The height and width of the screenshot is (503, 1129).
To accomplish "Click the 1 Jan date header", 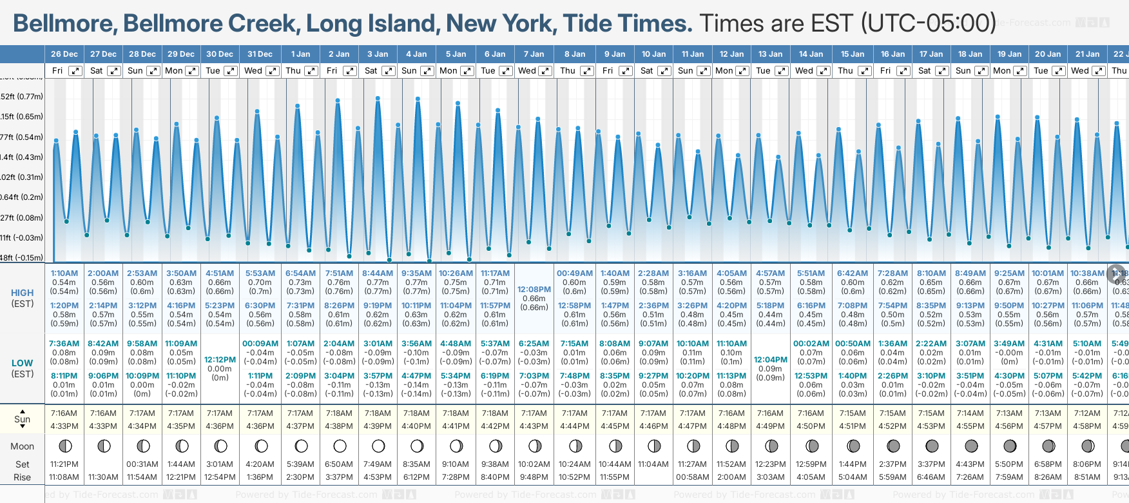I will pos(300,54).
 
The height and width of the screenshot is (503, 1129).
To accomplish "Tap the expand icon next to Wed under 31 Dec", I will pos(273,71).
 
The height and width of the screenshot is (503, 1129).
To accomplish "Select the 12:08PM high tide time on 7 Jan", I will pos(534,290).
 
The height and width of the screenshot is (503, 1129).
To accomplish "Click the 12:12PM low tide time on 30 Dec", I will pos(220,360).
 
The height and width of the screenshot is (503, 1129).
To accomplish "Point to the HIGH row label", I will pos(23,293).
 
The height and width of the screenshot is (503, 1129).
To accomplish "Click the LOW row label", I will pos(23,363).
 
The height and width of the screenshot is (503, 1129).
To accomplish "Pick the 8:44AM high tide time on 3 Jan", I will pos(378,273).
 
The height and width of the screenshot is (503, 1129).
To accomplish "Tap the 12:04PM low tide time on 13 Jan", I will pos(771,360).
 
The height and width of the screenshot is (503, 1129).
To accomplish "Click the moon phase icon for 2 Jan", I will pos(340,446).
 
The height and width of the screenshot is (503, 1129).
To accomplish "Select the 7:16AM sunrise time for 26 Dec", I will pos(64,413).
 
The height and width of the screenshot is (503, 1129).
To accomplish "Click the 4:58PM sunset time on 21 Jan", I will pos(1087,426).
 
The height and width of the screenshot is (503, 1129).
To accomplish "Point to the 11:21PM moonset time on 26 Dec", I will pos(64,464).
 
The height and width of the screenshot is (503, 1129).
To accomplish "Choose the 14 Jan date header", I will pos(811,54).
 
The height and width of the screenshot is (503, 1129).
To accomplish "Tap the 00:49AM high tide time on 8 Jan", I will pos(574,273).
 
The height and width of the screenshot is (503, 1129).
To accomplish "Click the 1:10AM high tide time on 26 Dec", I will pos(64,273).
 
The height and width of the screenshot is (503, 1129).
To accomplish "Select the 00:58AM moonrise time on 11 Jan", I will pos(693,477).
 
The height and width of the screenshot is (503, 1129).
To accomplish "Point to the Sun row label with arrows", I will pos(23,419).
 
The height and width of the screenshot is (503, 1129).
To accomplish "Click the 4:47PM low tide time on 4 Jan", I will pos(416,376).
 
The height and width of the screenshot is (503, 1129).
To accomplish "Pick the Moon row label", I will pos(23,446).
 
